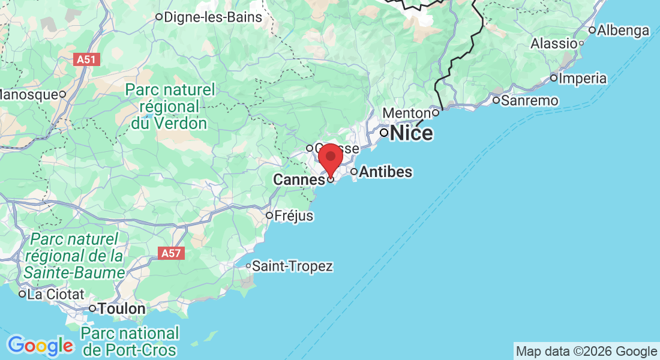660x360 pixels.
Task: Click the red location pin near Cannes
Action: tap(330, 159)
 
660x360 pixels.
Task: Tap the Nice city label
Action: tap(412, 133)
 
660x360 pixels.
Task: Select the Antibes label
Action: tap(385, 172)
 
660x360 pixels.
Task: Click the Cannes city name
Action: tap(299, 179)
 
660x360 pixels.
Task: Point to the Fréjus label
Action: tap(294, 215)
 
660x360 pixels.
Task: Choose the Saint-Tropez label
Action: tap(292, 266)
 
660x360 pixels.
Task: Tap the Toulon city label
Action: tap(122, 309)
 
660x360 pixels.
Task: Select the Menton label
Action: tap(406, 113)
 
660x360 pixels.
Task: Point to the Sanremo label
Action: tap(530, 100)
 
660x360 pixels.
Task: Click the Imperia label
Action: tap(583, 79)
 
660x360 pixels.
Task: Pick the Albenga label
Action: tap(623, 30)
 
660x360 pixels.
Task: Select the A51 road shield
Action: tap(87, 59)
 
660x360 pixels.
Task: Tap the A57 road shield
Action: tap(171, 254)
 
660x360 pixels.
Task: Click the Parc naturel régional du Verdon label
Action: tap(170, 107)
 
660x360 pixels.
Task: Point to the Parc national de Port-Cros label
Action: tap(130, 341)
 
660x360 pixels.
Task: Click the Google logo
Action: tap(40, 346)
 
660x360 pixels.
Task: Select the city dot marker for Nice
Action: tap(383, 133)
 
